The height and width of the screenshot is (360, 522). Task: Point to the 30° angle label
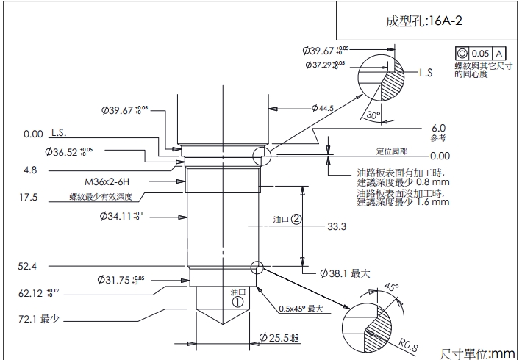click(373, 115)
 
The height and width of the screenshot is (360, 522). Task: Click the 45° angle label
click(390, 287)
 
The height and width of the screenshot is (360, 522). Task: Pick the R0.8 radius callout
click(409, 345)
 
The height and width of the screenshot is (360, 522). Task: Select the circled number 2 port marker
click(296, 219)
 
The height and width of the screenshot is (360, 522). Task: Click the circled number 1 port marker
click(237, 300)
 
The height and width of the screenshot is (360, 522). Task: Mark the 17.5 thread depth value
click(29, 197)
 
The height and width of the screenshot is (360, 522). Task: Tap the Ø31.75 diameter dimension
click(121, 280)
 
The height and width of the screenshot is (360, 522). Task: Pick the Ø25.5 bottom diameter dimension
click(279, 338)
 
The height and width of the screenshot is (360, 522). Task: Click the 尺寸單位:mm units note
click(479, 353)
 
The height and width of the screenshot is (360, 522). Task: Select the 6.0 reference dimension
click(438, 127)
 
